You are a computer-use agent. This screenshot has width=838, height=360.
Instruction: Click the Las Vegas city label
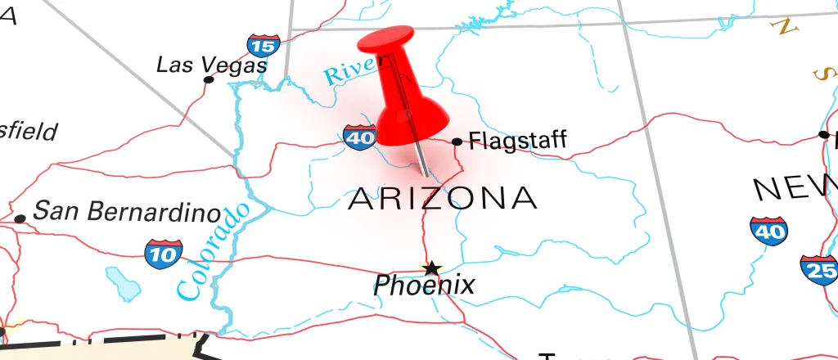coord(212,64)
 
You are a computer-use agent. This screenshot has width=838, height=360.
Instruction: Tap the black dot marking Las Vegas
coord(209,79)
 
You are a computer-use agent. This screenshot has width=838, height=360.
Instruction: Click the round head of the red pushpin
coord(385,39)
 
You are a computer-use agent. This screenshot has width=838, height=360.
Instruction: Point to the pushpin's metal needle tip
coord(426,175)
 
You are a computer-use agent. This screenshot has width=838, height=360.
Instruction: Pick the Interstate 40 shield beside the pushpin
coord(359,136)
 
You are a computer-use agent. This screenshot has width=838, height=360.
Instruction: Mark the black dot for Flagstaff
coord(457,142)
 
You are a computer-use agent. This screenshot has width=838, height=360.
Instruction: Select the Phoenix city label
coord(424,286)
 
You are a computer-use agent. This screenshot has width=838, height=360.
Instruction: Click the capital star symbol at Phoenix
coord(430,268)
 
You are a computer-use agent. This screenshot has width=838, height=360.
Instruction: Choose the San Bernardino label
coord(127,213)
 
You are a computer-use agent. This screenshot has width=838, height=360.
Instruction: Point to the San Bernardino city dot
coord(20,218)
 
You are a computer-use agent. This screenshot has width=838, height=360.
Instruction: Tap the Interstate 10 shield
coord(164,254)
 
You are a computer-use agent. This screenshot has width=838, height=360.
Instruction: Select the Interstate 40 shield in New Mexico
coord(768,232)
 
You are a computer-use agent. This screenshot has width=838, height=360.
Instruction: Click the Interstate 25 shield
coord(819,268)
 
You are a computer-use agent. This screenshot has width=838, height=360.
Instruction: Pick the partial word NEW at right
coord(794,189)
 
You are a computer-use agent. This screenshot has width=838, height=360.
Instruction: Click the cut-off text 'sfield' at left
coord(29,132)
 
